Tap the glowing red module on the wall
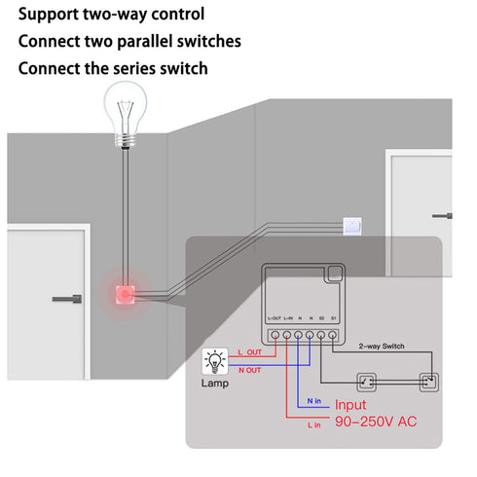[126, 292]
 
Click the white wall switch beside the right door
[353, 226]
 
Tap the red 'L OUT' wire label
[249, 351]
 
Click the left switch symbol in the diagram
[367, 381]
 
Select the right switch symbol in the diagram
[425, 381]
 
